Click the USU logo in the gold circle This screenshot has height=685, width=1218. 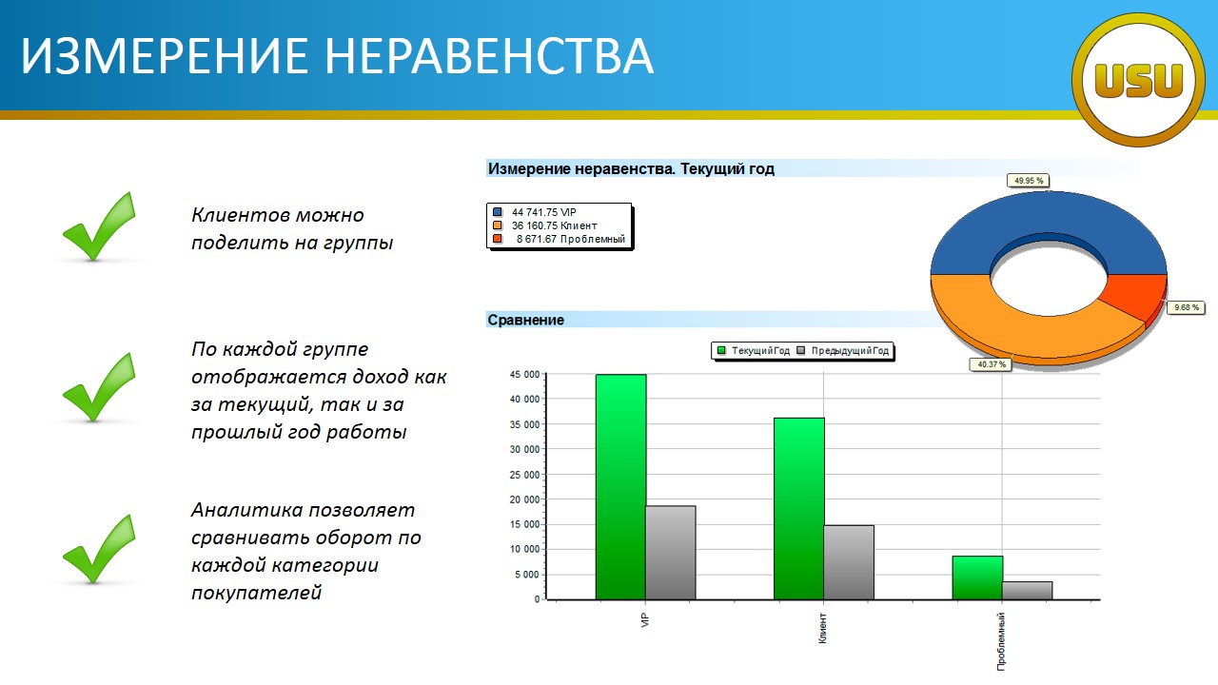click(1138, 80)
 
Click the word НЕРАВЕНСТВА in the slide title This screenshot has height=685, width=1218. click(489, 56)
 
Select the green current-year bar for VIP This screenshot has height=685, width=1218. click(620, 486)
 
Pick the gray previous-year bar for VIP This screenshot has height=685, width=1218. click(671, 553)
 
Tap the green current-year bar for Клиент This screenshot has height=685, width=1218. click(798, 508)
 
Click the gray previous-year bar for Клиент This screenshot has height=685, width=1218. click(849, 562)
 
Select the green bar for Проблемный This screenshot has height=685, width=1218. click(977, 577)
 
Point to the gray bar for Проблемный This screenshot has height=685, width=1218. click(1027, 591)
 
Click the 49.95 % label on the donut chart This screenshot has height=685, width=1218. click(1029, 181)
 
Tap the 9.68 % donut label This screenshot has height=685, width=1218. click(1186, 307)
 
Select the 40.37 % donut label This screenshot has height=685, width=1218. click(991, 364)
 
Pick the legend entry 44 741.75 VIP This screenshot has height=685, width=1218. click(535, 212)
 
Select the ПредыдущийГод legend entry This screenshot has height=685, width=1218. click(843, 351)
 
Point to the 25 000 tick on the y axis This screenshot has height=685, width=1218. click(524, 475)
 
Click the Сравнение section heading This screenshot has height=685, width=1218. click(525, 320)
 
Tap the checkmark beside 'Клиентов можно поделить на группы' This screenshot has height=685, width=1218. click(99, 226)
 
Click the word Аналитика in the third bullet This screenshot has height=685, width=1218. click(246, 510)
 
